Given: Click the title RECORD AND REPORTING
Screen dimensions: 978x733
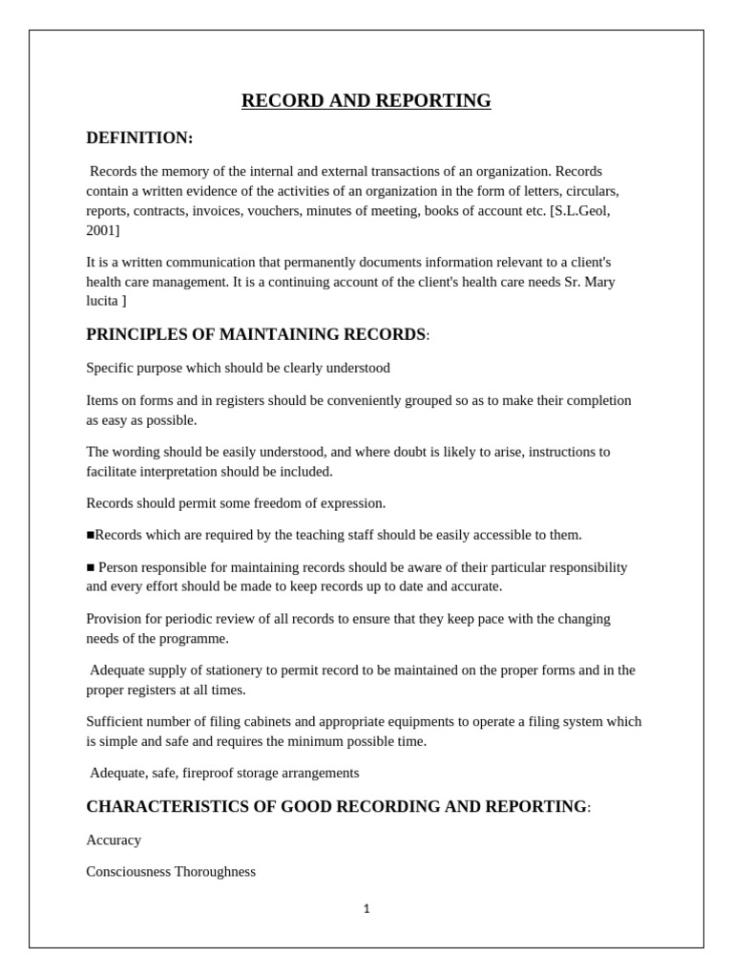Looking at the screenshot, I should click(366, 101).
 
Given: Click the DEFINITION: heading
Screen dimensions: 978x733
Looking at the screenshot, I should click(139, 138).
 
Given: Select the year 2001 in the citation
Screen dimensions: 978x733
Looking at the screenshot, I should click(100, 230).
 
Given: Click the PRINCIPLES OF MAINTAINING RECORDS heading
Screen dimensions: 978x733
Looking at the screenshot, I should click(256, 335).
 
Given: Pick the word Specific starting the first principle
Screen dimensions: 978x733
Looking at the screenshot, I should click(110, 368).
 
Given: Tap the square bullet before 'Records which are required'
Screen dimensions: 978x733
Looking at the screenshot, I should click(91, 535).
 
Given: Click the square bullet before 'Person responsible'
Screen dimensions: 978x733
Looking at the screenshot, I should click(91, 567).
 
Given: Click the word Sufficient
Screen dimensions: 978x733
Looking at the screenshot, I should click(115, 722).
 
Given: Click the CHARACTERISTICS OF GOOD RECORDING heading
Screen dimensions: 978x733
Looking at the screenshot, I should click(336, 807).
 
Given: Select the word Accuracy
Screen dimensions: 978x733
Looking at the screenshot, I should click(114, 840).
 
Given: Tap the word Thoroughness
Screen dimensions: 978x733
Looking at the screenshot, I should click(215, 872).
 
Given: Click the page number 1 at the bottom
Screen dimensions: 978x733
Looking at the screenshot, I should click(366, 909).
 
